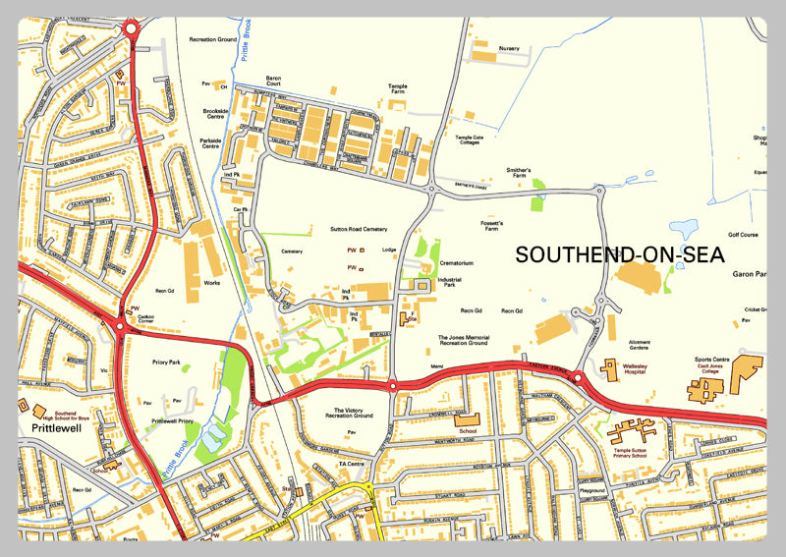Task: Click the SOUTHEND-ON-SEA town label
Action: [x=620, y=255]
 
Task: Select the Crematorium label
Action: [x=457, y=263]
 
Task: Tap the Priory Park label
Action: [x=166, y=362]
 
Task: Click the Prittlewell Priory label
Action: [x=172, y=420]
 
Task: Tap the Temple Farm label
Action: [x=397, y=88]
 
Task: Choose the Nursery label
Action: [x=509, y=48]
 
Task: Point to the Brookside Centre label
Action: [x=215, y=115]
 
